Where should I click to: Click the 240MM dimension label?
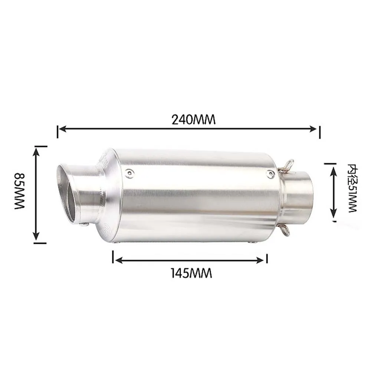pyautogui.click(x=193, y=119)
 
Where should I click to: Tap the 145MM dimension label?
pyautogui.click(x=191, y=273)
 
